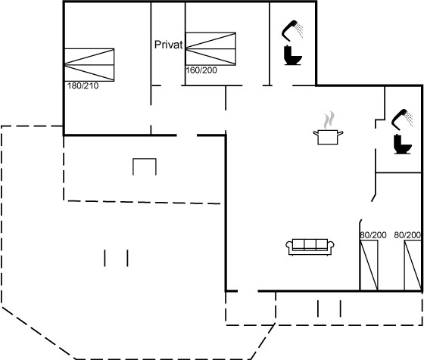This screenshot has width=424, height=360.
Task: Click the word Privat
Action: click(x=168, y=45)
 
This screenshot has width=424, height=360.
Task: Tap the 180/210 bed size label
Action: click(x=83, y=86)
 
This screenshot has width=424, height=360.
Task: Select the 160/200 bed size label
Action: click(x=201, y=70)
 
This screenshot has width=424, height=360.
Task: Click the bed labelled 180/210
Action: click(x=89, y=65)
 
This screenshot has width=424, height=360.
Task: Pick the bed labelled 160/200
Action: click(x=210, y=49)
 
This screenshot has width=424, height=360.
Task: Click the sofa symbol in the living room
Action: click(x=310, y=247)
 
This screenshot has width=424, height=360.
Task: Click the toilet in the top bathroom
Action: click(x=292, y=56)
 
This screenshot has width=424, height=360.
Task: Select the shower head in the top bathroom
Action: click(x=288, y=30)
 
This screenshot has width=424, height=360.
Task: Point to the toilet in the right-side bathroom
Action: click(x=403, y=144)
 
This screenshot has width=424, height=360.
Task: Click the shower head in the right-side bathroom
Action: click(x=399, y=119)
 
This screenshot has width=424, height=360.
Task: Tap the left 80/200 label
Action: click(x=373, y=235)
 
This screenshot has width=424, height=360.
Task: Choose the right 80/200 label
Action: click(x=407, y=235)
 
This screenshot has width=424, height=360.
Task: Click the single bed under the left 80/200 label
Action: click(x=369, y=265)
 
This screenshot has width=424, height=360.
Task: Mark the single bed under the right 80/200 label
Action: click(x=413, y=265)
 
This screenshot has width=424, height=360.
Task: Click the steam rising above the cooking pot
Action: click(x=329, y=120)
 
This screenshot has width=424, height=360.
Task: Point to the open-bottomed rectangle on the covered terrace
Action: click(x=145, y=159)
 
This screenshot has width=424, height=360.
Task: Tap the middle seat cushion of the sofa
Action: click(x=310, y=244)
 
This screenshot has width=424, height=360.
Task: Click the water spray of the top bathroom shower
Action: click(x=299, y=30)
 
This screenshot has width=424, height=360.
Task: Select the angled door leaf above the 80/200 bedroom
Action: click(x=374, y=198)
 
